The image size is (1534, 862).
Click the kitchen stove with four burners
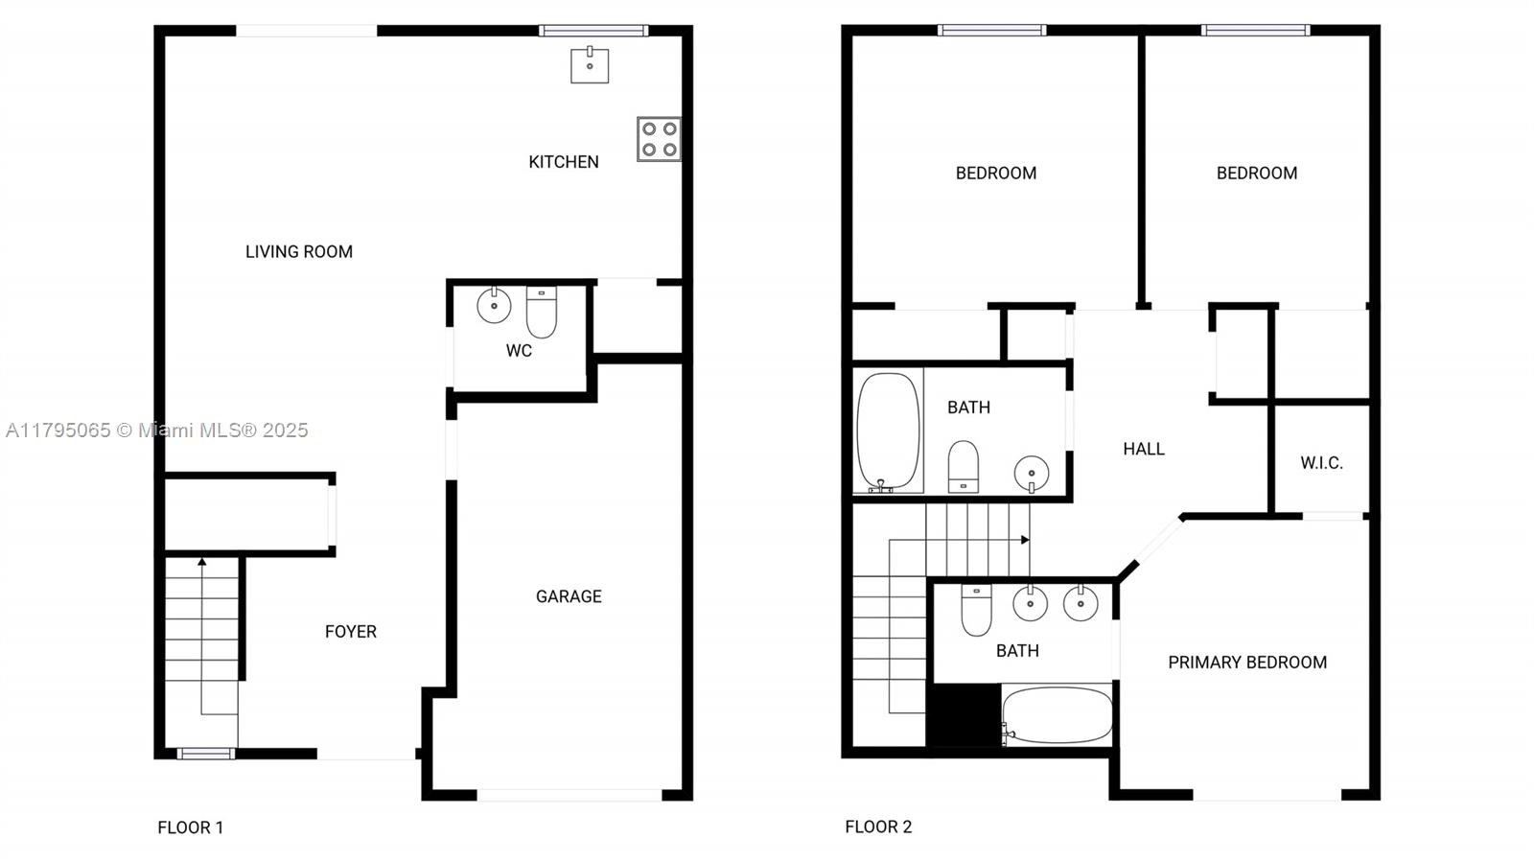(x=659, y=139)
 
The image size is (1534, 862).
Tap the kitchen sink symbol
(x=590, y=65)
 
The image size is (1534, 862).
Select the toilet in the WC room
(x=542, y=313)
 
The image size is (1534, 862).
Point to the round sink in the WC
(x=494, y=305)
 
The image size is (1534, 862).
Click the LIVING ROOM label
(x=299, y=252)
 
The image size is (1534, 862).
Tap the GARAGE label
(x=569, y=596)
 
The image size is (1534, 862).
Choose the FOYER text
(x=351, y=631)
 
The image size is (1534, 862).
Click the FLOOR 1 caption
(x=191, y=827)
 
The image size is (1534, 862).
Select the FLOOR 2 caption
(x=878, y=827)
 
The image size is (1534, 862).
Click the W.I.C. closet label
(x=1322, y=463)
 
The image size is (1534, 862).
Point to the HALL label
(x=1144, y=449)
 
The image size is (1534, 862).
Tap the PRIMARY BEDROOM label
(x=1247, y=662)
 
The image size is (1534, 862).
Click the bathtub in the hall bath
(x=888, y=432)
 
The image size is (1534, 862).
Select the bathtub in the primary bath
(x=1058, y=715)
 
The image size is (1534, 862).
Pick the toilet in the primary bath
(x=977, y=610)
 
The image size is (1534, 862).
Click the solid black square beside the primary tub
(x=964, y=714)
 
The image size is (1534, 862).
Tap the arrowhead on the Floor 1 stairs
(x=202, y=562)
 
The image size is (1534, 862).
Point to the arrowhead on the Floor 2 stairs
(x=1025, y=540)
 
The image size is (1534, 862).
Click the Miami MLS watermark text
(x=157, y=430)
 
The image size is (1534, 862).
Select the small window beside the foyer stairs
(x=206, y=754)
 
